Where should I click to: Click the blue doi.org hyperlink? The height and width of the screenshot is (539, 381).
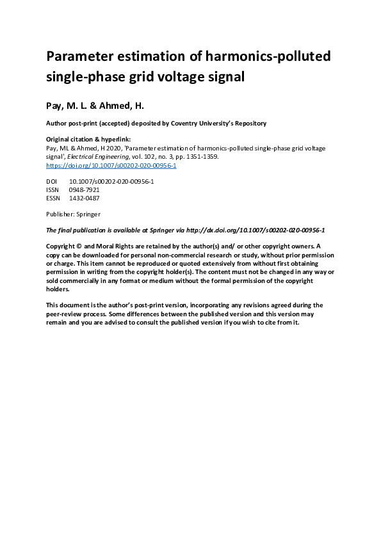[111, 165]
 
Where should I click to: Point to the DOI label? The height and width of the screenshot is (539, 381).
[52, 182]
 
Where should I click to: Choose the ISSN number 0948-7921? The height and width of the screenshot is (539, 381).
[84, 190]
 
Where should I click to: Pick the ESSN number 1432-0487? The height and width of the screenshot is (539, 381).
[84, 198]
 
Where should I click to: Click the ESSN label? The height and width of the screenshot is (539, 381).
[53, 198]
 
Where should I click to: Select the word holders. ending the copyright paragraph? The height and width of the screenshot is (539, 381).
[58, 289]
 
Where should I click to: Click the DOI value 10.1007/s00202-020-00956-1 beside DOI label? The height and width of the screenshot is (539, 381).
[111, 182]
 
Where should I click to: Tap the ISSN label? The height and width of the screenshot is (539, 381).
[53, 190]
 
